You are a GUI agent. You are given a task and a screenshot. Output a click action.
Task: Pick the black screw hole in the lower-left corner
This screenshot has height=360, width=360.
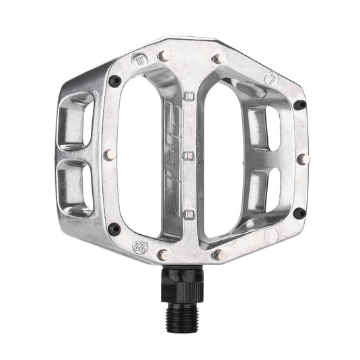tap(116, 227)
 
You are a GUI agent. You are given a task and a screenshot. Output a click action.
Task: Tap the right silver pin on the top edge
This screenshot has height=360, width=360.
tap(217, 59)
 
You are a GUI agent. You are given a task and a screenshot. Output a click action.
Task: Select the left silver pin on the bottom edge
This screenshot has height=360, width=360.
tap(163, 254)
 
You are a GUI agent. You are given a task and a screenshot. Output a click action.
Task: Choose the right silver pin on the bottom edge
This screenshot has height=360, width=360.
tap(217, 254)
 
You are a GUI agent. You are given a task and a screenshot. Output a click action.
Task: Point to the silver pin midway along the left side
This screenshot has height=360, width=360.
tap(108, 155)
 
